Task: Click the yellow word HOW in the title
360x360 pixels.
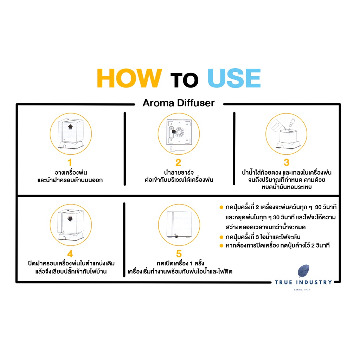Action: tap(129, 78)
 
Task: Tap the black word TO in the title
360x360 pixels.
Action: tap(184, 80)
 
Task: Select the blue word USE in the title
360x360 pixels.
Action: tap(234, 78)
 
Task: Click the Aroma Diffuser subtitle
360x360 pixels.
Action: tap(179, 103)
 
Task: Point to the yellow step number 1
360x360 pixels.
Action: tap(70, 162)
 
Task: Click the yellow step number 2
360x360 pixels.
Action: tap(178, 162)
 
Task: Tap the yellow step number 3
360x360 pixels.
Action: tap(287, 162)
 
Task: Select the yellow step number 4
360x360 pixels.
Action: tap(70, 254)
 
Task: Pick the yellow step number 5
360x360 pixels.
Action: tap(179, 254)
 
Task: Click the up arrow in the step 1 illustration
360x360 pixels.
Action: tap(70, 127)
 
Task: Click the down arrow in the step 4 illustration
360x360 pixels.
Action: tap(70, 219)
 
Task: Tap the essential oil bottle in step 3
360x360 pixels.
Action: tap(292, 122)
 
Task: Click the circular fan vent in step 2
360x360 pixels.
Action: tap(179, 133)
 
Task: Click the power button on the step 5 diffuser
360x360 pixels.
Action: tap(176, 237)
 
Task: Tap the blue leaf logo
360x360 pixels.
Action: tap(303, 271)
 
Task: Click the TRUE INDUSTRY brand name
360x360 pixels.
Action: tap(303, 282)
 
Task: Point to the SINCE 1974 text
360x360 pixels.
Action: tap(302, 290)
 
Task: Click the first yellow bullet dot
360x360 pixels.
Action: tap(221, 207)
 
